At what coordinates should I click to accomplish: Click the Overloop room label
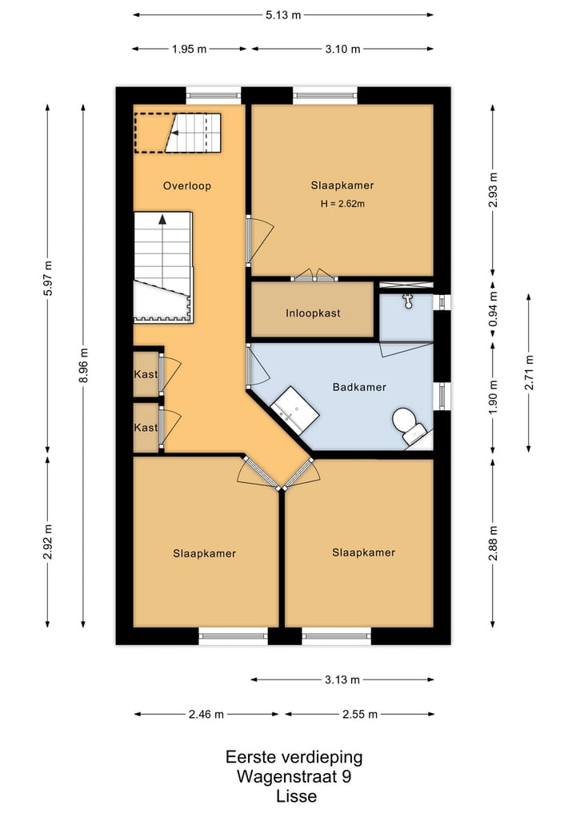click(187, 185)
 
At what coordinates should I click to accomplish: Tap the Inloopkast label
click(313, 313)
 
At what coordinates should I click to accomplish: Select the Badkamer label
click(359, 387)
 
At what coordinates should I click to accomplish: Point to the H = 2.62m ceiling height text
click(342, 204)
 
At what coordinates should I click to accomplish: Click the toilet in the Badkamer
click(410, 426)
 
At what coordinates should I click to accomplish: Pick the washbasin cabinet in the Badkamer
click(294, 410)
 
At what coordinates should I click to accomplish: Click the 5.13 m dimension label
click(283, 15)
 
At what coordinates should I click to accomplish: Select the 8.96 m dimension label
click(83, 365)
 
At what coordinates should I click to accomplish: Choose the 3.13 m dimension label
click(342, 679)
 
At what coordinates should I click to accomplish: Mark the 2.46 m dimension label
click(206, 715)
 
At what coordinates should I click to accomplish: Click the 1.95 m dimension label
click(189, 50)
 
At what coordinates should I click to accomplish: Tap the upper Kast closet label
click(146, 374)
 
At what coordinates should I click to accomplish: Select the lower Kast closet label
click(146, 428)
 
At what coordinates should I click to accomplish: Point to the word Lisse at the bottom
click(296, 796)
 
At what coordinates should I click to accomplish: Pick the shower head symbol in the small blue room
click(408, 301)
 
